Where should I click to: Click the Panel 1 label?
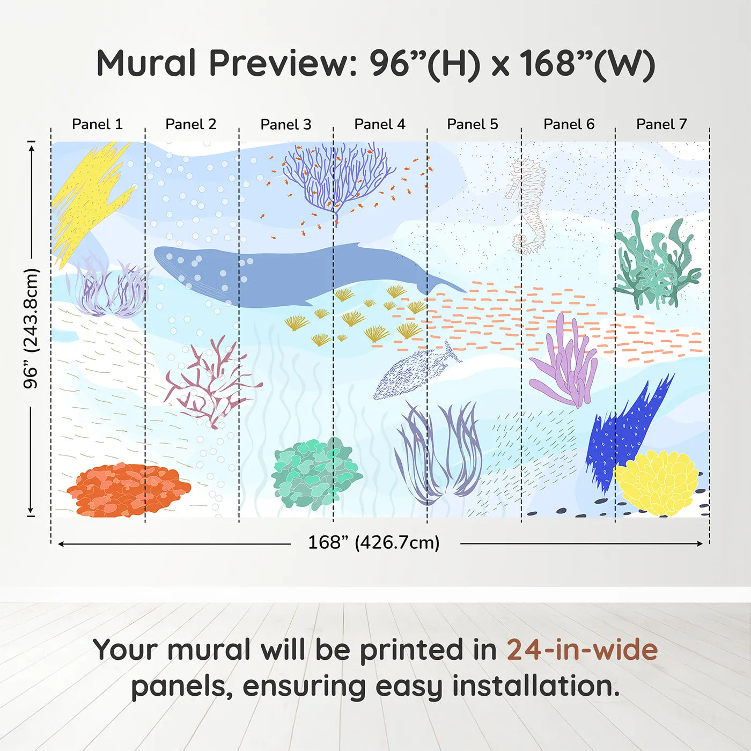[x=97, y=124]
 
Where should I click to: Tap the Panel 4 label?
[x=379, y=124]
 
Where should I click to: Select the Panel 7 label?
[x=661, y=124]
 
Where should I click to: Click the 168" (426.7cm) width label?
[x=373, y=542]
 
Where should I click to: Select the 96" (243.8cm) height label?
[x=31, y=328]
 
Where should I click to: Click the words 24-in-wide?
[x=581, y=650]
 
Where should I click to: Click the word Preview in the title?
[x=279, y=63]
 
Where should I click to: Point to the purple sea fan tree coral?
[x=338, y=177]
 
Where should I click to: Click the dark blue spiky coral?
[x=625, y=429]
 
